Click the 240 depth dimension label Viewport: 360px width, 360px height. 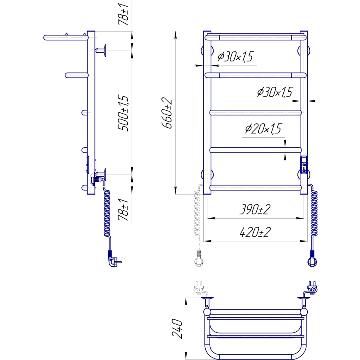pos(178,328)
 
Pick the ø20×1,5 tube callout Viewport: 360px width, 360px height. pos(263,129)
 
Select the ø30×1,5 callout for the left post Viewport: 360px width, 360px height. pos(235,57)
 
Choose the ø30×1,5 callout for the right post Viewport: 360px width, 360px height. pos(275,92)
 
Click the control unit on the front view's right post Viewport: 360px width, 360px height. pos(304,166)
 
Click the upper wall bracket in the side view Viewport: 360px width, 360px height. pos(102,51)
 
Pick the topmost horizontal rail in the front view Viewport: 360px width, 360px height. pos(255,37)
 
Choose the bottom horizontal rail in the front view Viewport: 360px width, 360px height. pos(255,188)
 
